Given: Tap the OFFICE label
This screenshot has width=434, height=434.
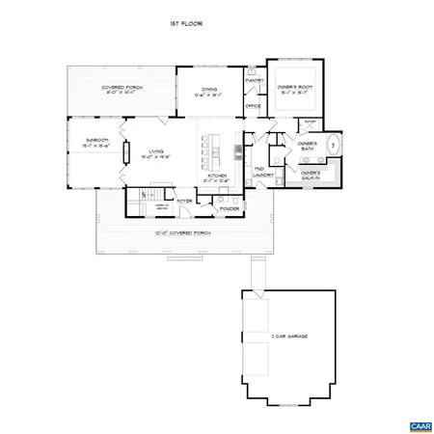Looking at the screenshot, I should tap(254, 106).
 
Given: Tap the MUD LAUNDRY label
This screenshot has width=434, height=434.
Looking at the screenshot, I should tap(259, 172).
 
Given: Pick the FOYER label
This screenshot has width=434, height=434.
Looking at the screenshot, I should tap(183, 201).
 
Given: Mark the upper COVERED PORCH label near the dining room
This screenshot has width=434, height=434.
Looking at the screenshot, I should tap(121, 90).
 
